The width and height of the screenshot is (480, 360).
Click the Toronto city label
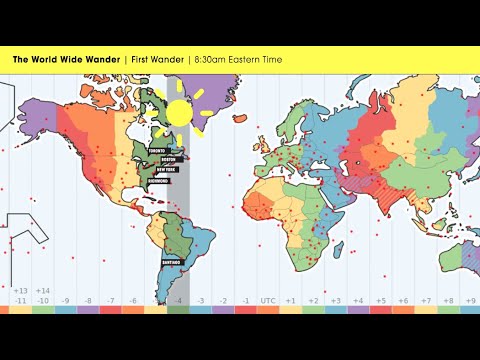click(x=155, y=151)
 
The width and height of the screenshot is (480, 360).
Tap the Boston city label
click(x=174, y=160)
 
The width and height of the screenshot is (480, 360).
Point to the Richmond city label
click(x=160, y=181)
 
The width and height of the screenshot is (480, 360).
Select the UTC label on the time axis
click(x=268, y=300)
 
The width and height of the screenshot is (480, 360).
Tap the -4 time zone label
click(x=177, y=300)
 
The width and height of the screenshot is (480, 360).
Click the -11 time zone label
click(x=20, y=300)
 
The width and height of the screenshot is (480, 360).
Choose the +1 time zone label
click(x=290, y=300)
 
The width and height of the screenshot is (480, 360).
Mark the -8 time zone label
click(x=87, y=300)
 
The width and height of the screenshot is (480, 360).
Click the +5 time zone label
click(x=379, y=300)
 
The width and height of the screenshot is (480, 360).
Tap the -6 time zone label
click(x=132, y=300)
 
